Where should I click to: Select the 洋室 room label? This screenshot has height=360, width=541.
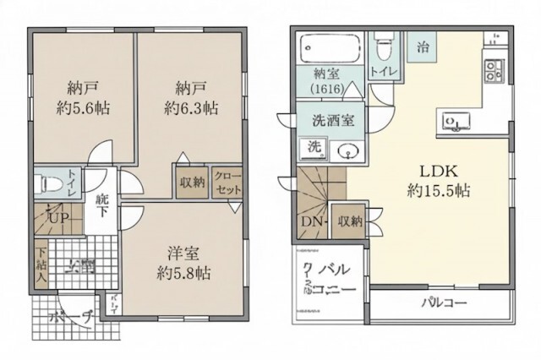pos(183,254)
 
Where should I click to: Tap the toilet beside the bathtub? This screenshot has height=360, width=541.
pos(385,38)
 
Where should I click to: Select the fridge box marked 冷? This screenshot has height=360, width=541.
pos(421,47)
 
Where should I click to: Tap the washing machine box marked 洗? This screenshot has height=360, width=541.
pos(314,147)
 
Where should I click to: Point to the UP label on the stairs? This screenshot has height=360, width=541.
pos(57,219)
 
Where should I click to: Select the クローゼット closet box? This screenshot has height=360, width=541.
pos(227,182)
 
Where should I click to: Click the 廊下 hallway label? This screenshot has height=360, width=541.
pos(102,203)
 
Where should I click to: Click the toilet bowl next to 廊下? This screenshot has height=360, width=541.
pos(47,183)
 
